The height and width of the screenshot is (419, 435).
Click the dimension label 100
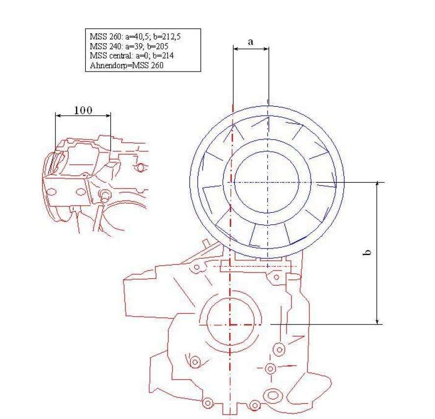83,110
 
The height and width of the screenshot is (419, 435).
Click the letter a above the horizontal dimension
250,42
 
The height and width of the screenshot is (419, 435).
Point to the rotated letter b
367,252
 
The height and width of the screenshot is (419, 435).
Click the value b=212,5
167,37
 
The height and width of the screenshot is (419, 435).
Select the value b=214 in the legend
163,55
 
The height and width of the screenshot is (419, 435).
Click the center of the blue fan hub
267,182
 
